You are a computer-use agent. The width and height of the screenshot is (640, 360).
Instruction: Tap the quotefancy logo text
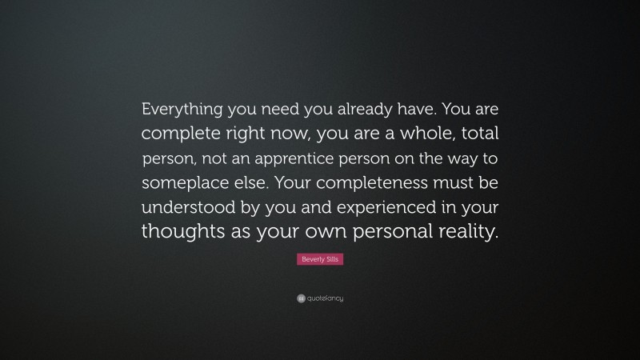pos(325,298)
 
